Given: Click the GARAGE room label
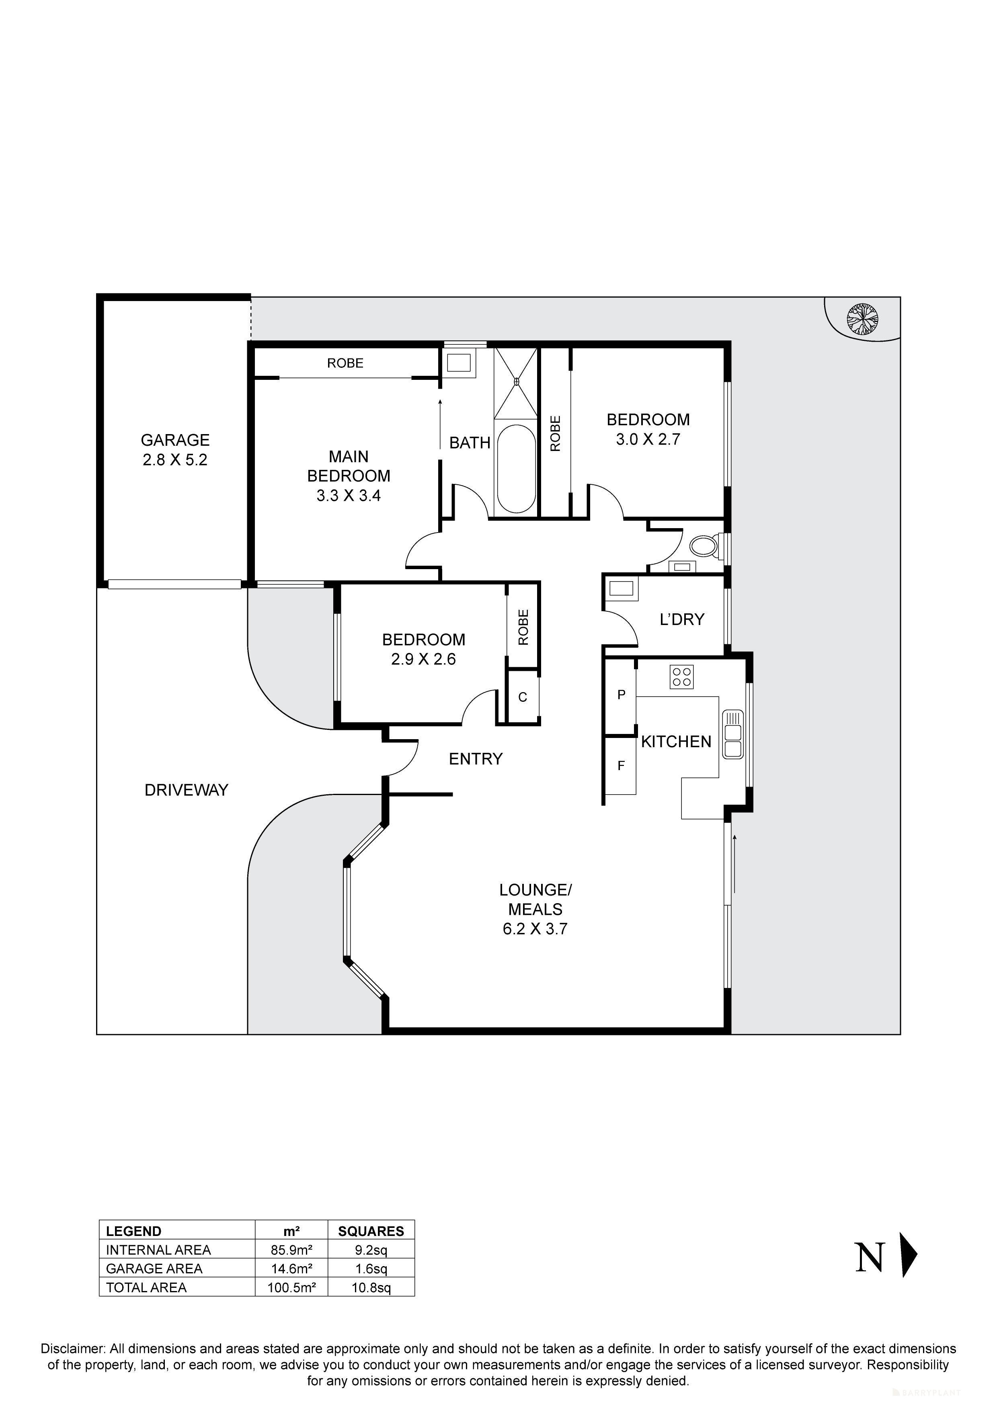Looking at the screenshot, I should [175, 440].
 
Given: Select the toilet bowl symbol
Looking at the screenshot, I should [704, 546].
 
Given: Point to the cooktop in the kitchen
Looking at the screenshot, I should [682, 677].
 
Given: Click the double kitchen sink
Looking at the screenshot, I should [733, 734].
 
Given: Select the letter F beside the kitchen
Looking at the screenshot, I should [621, 766].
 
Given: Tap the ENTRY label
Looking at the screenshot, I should [476, 759].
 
